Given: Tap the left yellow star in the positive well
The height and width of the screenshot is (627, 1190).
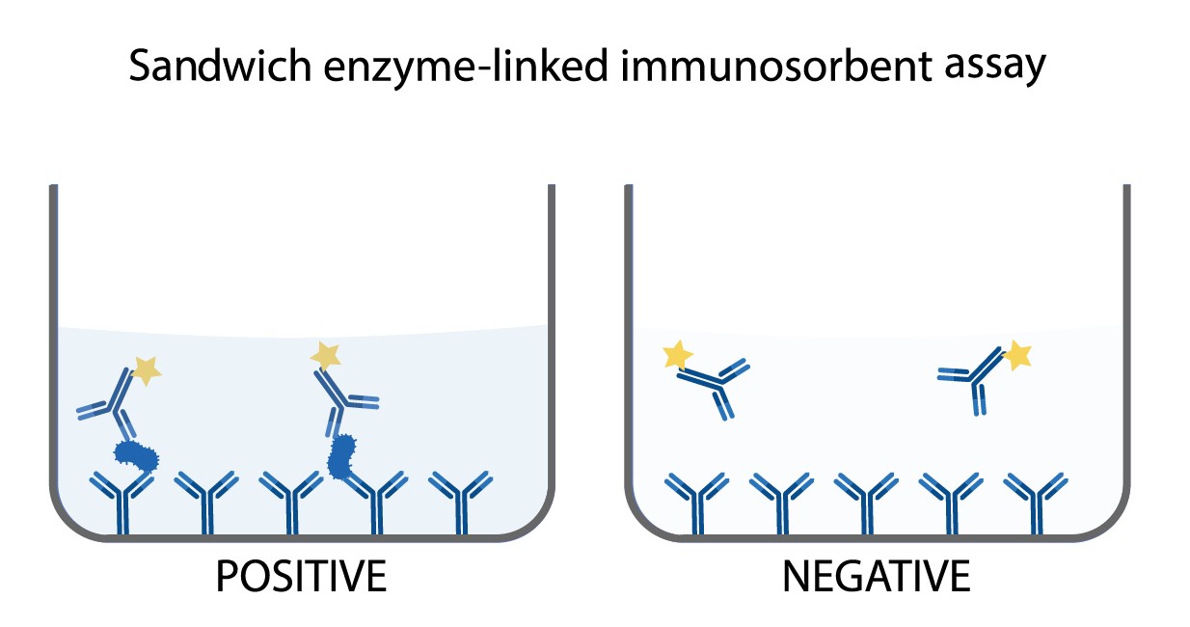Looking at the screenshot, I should coord(146,369).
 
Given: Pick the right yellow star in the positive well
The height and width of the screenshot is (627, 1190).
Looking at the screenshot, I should coord(325,355).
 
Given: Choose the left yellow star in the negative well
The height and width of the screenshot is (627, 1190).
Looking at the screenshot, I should coord(678,355).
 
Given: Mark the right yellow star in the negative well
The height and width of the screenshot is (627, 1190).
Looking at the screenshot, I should coord(1016,356).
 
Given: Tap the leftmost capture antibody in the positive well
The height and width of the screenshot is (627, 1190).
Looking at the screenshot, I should coord(122,502).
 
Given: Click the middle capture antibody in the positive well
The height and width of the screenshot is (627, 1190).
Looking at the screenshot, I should coord(291,502).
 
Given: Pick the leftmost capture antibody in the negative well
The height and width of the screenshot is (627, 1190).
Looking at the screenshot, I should coord(696,502).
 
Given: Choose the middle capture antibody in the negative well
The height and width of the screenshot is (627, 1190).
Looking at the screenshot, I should coord(866,502).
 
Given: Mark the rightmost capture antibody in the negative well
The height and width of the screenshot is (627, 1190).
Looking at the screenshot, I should coord(1036,502).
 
